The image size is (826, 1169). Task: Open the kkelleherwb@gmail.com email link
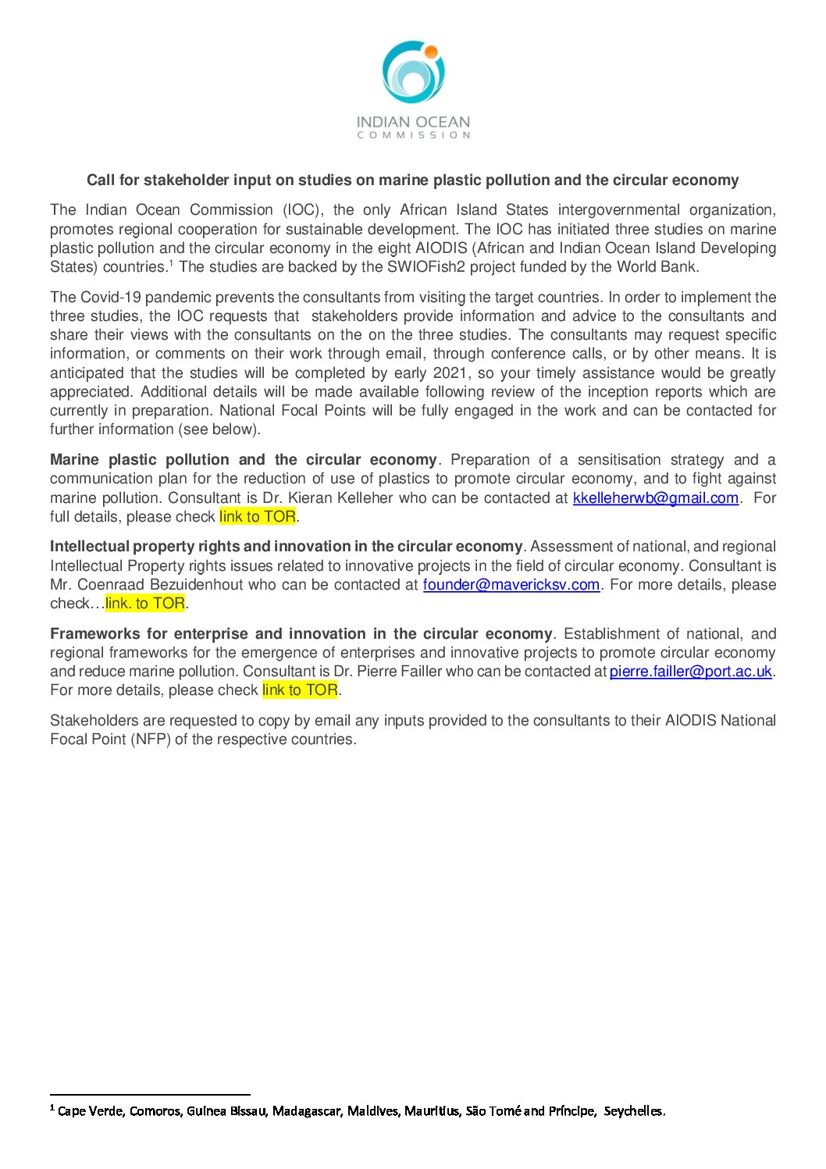(655, 498)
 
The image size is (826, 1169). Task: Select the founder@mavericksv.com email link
(511, 585)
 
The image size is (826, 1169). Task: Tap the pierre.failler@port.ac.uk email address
(690, 672)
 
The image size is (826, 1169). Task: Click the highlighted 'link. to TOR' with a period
(145, 604)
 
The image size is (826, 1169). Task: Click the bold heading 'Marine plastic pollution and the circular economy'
(243, 460)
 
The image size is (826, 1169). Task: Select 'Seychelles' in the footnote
(634, 1111)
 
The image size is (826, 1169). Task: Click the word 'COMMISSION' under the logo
(413, 136)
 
